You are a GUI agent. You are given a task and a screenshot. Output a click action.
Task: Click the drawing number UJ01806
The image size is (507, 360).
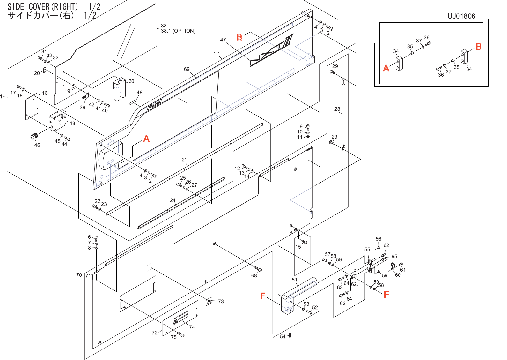point(461,16)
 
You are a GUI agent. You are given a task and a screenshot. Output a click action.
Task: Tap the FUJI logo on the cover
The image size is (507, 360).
point(154,105)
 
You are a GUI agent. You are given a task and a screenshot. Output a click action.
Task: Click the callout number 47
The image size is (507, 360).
point(223,40)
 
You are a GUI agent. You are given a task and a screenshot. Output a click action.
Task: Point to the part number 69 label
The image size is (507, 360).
point(187,69)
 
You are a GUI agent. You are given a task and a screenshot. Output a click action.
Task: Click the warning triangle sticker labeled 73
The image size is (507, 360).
point(209,301)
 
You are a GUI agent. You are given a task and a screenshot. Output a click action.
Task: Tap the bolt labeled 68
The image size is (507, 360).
point(259,270)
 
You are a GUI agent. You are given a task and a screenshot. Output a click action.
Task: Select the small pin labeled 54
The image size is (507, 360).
point(290,335)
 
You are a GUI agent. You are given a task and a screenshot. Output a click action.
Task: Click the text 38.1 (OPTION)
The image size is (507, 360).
point(178,31)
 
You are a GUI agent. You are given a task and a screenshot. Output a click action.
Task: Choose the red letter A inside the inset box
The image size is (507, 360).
point(386,68)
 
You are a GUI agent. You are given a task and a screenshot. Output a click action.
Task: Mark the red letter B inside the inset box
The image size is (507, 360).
point(478,47)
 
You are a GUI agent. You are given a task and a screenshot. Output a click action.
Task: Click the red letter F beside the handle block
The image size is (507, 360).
point(263,296)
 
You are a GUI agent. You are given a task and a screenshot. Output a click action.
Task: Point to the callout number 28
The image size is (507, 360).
point(337,109)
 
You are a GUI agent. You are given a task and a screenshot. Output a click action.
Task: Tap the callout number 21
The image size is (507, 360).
point(184,160)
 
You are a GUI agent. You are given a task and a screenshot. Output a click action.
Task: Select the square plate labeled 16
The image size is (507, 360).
point(32,107)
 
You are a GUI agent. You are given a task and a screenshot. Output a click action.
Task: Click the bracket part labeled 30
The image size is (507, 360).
point(119,88)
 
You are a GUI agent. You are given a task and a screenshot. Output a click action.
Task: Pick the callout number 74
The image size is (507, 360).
point(192,327)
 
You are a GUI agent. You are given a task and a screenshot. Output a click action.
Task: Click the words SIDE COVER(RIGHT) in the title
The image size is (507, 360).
point(43,7)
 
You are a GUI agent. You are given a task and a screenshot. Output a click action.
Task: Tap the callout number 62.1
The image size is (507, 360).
point(356,284)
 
